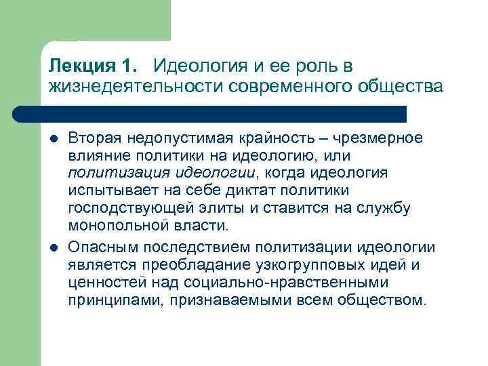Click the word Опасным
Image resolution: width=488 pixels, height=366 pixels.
pyautogui.click(x=100, y=247)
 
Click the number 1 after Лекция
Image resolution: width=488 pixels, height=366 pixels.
pyautogui.click(x=129, y=66)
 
